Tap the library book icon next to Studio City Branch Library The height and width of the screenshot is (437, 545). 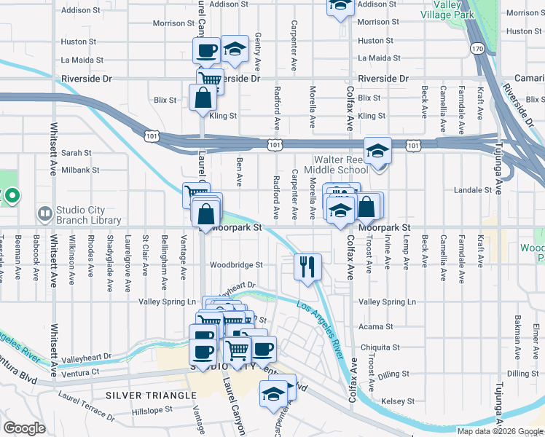tap(44, 213)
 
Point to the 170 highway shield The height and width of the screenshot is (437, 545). tap(477, 49)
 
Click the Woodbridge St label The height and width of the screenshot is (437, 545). tap(235, 265)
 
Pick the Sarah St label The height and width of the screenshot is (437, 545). tap(76, 153)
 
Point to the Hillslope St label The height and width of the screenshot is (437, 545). tap(149, 409)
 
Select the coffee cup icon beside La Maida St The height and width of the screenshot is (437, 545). tap(205, 50)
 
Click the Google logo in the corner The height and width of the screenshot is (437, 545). tap(24, 428)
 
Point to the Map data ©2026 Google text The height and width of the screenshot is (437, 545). tap(501, 431)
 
